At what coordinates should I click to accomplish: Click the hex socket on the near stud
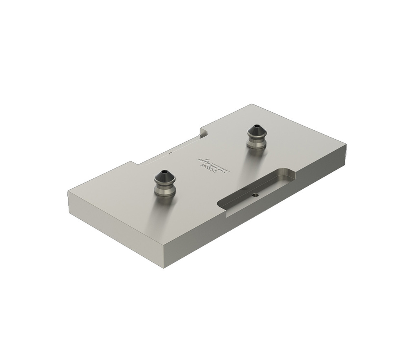[164, 172]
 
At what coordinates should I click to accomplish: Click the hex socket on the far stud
[257, 127]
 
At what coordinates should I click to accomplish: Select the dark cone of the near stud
[164, 176]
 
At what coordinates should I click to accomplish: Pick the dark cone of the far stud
[257, 131]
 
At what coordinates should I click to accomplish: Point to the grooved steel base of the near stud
[164, 189]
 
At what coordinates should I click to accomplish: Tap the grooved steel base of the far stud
[257, 143]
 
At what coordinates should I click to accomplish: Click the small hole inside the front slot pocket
[255, 195]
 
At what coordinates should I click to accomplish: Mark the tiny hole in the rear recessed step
[171, 154]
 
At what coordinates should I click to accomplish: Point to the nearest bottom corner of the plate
[165, 267]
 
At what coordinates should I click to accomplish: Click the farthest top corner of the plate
[253, 104]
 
